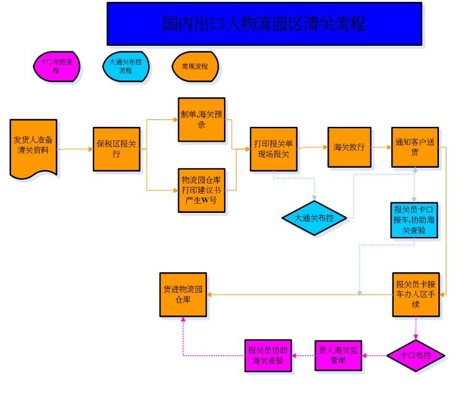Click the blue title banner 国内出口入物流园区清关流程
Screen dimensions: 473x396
[264, 24]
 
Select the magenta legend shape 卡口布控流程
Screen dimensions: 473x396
[56, 66]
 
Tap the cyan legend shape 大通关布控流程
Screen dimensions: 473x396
[126, 66]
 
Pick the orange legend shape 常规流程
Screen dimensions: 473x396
[195, 66]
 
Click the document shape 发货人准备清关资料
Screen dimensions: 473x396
[33, 148]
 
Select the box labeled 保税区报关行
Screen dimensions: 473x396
[116, 149]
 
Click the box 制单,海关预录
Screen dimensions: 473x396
[201, 119]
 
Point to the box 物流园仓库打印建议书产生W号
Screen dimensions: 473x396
[201, 191]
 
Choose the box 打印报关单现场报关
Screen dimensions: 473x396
[274, 149]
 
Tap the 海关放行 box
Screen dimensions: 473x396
[349, 147]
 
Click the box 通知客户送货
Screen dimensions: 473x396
[415, 147]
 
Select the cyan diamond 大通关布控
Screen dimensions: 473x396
[315, 218]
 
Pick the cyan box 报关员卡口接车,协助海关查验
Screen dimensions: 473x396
[414, 220]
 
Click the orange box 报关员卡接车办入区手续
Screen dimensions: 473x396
[415, 295]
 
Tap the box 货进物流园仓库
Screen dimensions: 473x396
[183, 295]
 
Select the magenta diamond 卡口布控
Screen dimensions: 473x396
[415, 356]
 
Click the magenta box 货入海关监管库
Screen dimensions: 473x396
[338, 356]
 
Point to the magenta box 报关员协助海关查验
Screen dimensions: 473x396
[268, 356]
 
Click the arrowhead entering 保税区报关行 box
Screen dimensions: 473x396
[91, 149]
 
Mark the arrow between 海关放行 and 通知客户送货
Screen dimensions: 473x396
[381, 147]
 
